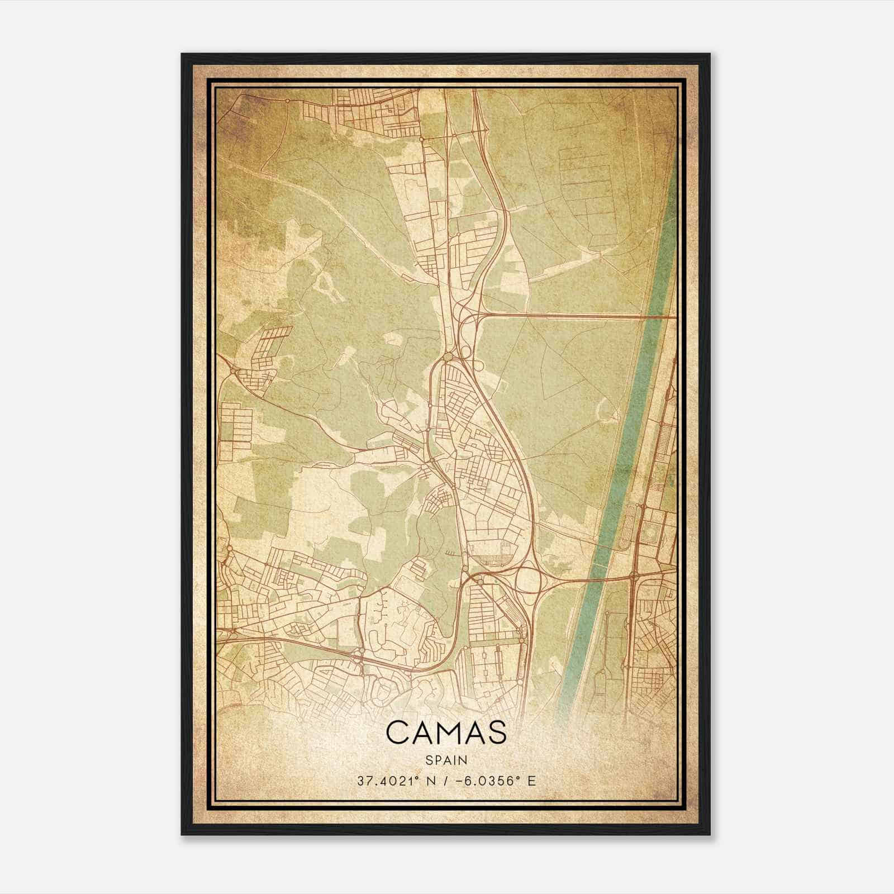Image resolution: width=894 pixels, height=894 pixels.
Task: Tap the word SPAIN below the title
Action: click(446, 760)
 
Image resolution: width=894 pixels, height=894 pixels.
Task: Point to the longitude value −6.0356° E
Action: click(489, 781)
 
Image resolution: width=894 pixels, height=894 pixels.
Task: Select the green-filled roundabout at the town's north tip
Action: click(448, 356)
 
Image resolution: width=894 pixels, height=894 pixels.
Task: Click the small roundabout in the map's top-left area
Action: click(287, 101)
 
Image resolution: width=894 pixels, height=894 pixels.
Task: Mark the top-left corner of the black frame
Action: click(182, 54)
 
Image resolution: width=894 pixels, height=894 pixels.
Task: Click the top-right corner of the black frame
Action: click(710, 54)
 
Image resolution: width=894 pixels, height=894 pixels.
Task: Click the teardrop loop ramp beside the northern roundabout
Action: click(479, 365)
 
